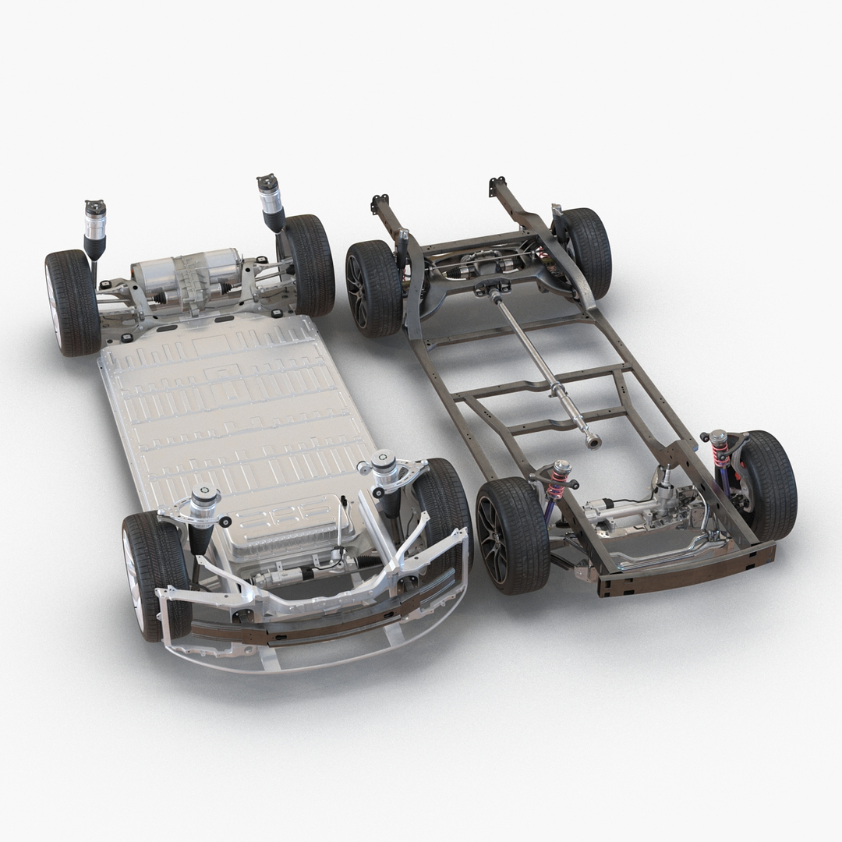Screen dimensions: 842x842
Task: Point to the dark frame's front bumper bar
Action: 686,569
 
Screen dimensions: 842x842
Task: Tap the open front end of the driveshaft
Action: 594,443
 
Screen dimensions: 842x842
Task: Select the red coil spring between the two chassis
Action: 558,480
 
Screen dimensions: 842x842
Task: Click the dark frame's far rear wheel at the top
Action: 585,249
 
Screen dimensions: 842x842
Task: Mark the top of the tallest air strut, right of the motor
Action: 269,187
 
